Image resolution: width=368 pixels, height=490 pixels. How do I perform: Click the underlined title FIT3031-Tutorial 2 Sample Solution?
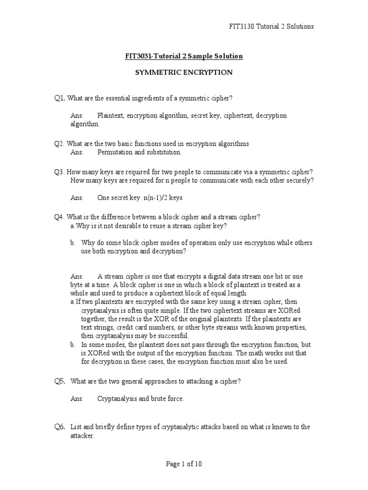[184, 56]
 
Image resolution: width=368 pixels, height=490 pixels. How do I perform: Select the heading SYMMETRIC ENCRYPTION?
[184, 73]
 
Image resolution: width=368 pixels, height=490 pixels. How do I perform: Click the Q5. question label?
[60, 381]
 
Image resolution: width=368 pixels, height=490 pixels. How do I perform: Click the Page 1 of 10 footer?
[184, 464]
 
